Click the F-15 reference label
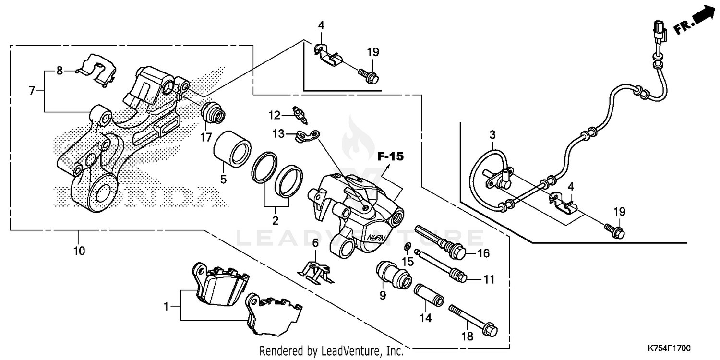(390, 156)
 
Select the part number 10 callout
(79, 250)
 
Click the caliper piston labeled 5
(232, 146)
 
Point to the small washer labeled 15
(407, 247)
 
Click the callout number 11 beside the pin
(489, 279)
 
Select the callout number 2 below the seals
(275, 221)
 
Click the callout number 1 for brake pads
(167, 306)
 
